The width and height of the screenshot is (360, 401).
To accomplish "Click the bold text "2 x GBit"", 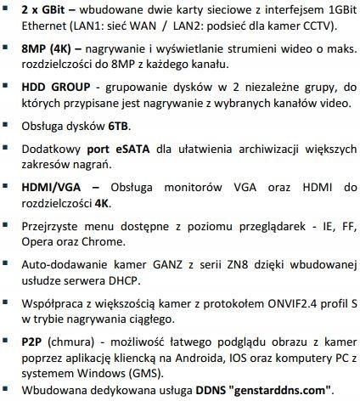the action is pos(46,9).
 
